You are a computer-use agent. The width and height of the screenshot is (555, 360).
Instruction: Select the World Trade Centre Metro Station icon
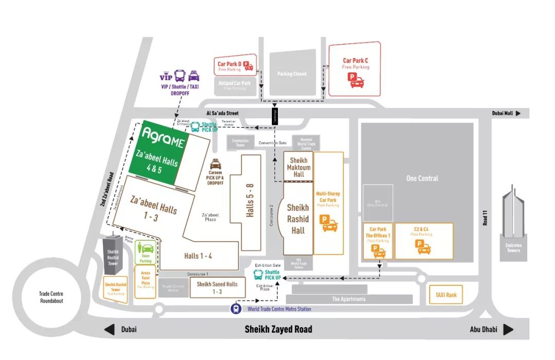click(235, 309)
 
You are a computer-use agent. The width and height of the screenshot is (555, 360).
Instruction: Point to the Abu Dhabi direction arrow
click(508, 330)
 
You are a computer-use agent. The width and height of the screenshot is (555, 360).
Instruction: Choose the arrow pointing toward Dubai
click(109, 330)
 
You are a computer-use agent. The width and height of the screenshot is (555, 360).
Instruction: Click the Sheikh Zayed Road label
click(278, 329)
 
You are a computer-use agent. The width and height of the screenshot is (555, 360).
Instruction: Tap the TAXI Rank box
click(446, 295)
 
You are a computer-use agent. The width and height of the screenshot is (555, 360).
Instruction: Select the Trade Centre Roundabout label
click(51, 297)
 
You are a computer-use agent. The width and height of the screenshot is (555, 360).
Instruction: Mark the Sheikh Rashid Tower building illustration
click(113, 252)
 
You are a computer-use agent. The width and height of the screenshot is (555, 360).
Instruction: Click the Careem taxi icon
click(216, 165)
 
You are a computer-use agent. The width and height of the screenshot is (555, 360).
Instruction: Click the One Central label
click(422, 178)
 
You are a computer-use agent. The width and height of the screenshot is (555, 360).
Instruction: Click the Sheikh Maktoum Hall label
click(299, 167)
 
